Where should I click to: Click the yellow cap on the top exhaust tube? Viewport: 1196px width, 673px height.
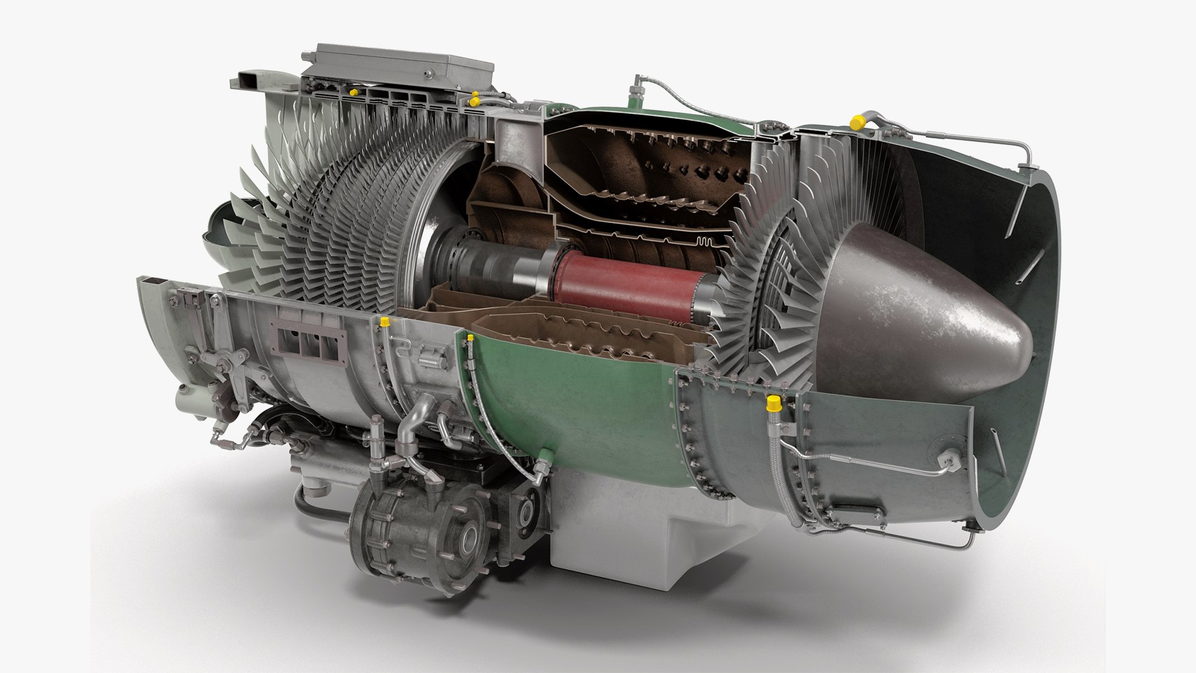[x=858, y=122]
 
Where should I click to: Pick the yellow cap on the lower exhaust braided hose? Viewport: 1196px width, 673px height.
[x=774, y=403]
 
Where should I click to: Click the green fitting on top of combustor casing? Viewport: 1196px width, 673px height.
[x=636, y=94]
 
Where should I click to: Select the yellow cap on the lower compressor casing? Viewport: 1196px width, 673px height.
[x=384, y=322]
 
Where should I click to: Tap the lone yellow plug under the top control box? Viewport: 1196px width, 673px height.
[x=353, y=92]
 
